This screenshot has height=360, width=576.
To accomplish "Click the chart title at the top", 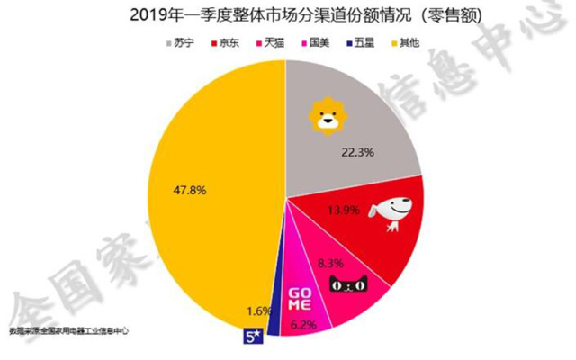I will pos(287,14).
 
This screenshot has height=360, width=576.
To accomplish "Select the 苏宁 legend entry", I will pos(179,42).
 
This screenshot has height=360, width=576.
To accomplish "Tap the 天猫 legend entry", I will pos(272,42).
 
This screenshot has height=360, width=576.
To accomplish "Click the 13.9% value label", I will pos(346,211).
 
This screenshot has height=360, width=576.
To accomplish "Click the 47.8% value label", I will pos(185,190).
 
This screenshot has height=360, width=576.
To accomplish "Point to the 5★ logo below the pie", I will pos(253,338).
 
